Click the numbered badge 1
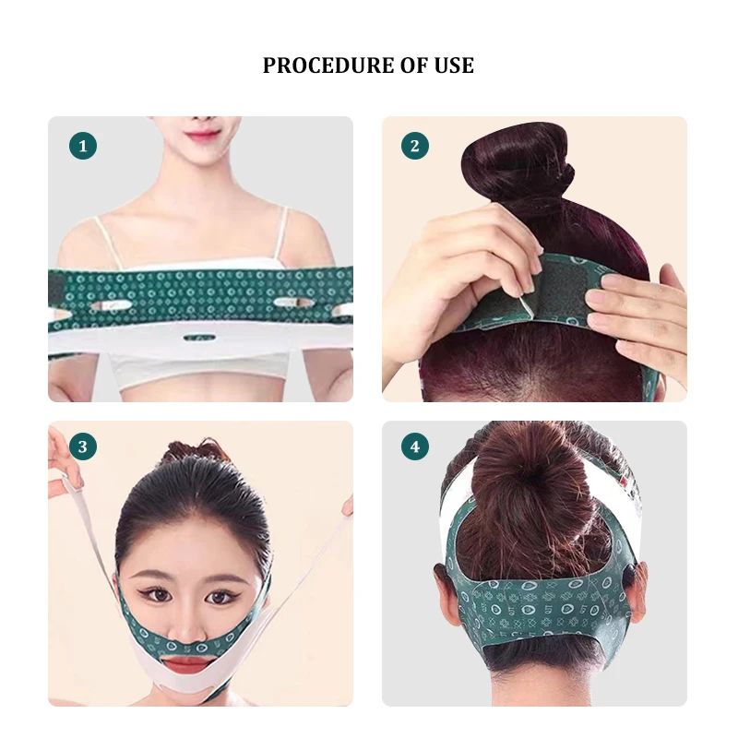83,146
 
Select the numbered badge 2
415,146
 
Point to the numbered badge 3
83,448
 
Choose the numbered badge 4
415,448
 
